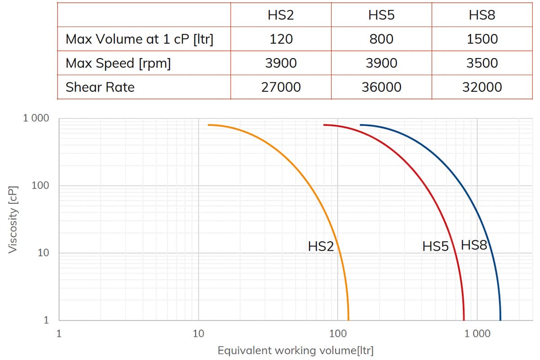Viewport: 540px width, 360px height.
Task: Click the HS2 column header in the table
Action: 280,14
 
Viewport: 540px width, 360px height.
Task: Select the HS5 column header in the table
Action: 381,14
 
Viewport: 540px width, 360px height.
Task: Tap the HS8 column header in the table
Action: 482,14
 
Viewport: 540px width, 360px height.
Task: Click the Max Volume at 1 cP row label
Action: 139,39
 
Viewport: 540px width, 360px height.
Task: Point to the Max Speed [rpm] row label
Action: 118,63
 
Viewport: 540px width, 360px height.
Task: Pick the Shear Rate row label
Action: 100,87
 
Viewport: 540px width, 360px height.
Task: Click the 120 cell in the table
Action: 281,39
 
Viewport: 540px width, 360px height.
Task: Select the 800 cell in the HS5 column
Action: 381,39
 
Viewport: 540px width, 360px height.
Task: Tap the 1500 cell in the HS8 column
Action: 482,39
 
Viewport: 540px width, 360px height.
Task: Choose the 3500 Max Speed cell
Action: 482,63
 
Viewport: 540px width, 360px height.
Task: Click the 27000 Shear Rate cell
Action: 281,87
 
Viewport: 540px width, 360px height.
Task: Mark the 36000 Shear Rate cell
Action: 381,87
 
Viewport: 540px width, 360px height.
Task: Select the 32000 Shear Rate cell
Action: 482,87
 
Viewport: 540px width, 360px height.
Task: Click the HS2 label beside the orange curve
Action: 320,246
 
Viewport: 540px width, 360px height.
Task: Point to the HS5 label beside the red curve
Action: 435,246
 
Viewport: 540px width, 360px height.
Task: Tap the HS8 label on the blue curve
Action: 474,245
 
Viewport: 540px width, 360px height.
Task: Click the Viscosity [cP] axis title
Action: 13,219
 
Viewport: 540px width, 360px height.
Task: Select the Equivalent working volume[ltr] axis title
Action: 296,351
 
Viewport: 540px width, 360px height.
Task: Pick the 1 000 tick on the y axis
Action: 36,119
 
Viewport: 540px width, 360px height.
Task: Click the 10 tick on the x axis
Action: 198,334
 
